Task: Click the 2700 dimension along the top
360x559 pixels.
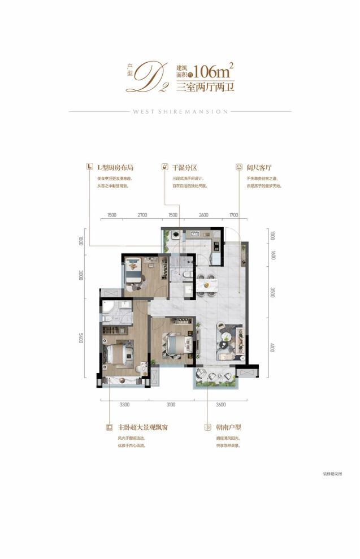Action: point(142,215)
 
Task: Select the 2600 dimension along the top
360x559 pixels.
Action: point(204,215)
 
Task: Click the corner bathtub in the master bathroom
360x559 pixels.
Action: point(111,306)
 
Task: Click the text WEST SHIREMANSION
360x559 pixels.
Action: point(180,112)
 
